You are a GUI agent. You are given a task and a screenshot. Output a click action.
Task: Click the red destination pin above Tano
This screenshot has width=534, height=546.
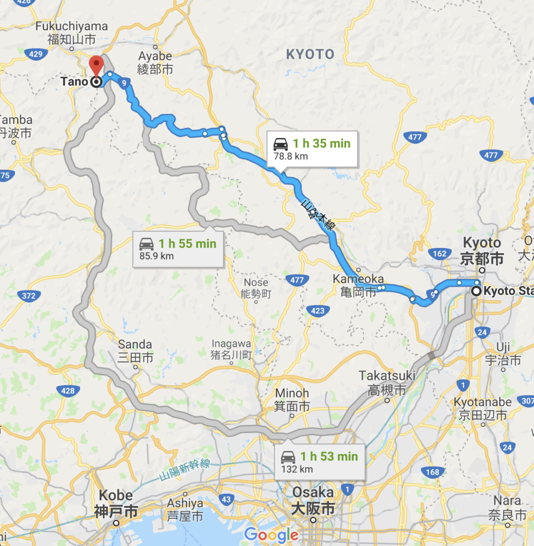(x=96, y=66)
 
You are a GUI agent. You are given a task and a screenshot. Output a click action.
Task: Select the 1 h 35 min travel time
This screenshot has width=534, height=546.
(x=321, y=143)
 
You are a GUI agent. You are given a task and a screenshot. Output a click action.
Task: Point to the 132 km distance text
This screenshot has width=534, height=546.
(x=298, y=469)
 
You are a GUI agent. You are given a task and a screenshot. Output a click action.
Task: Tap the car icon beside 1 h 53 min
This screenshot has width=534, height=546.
(x=288, y=457)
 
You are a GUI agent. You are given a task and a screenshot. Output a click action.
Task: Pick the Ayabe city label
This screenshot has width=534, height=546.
(x=155, y=62)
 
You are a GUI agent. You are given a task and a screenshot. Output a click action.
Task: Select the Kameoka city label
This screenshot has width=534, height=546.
(x=358, y=285)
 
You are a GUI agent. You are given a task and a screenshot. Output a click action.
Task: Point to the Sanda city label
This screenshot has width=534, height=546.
(x=135, y=350)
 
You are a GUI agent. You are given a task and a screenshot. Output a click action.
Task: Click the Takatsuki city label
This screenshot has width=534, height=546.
(x=387, y=382)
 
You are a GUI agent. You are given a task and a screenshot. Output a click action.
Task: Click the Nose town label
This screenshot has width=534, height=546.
(x=256, y=288)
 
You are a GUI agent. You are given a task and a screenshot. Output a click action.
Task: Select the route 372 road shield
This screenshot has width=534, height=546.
(x=29, y=295)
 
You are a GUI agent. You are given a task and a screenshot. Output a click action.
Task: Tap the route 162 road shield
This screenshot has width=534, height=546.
(x=440, y=254)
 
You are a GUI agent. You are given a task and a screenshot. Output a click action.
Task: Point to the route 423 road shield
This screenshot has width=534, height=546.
(x=318, y=310)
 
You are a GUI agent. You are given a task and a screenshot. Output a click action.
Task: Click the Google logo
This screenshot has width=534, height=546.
(x=271, y=534)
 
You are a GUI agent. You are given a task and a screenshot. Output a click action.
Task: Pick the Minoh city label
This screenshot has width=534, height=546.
(x=292, y=399)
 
